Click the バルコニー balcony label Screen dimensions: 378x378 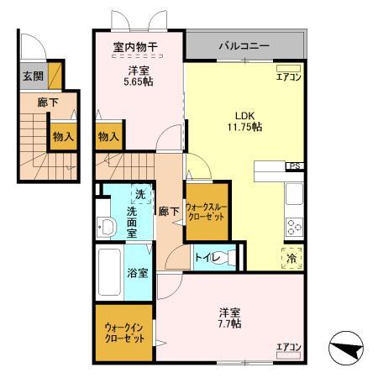pos(244,45)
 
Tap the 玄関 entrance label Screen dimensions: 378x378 pos(32,76)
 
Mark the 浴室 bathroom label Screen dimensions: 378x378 pos(137,273)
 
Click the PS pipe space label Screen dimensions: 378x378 pos(295,166)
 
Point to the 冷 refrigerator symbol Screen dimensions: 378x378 pos(295,260)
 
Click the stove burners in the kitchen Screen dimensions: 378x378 pos(295,226)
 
